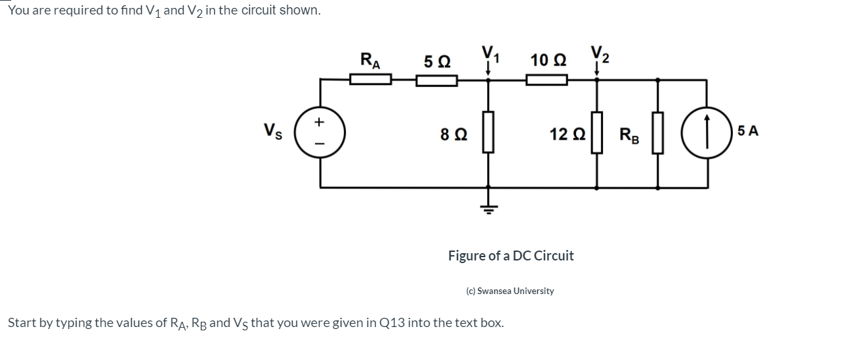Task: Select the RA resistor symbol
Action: pos(370,80)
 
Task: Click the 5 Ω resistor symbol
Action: pos(436,80)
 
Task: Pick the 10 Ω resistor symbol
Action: pos(546,80)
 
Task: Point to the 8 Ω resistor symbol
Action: pos(488,133)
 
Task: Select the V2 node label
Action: pos(600,53)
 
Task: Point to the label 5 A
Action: pos(748,131)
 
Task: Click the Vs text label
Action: pos(272,131)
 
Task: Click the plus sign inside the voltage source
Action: pos(321,122)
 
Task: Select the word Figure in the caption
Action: pos(467,256)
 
